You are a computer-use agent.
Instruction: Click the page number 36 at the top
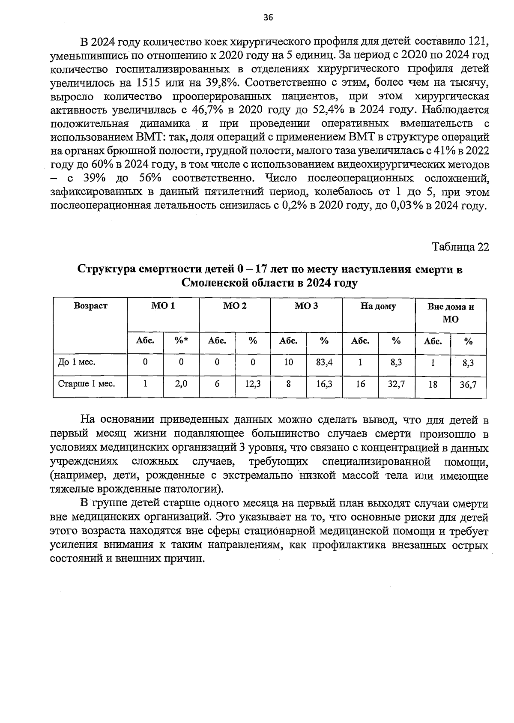(x=268, y=17)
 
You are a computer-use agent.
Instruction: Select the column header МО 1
(x=163, y=306)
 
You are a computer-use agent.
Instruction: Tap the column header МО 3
(x=306, y=306)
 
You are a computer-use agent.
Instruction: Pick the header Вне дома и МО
(x=450, y=313)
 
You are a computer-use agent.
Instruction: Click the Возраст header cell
(x=90, y=306)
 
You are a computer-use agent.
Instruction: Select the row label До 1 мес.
(x=77, y=362)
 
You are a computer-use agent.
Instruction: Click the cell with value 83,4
(x=324, y=362)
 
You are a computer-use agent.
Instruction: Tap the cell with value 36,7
(x=468, y=385)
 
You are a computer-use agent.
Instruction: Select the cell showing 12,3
(x=253, y=384)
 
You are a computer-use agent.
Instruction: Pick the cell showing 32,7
(x=396, y=384)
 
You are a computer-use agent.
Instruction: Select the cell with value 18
(x=433, y=385)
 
